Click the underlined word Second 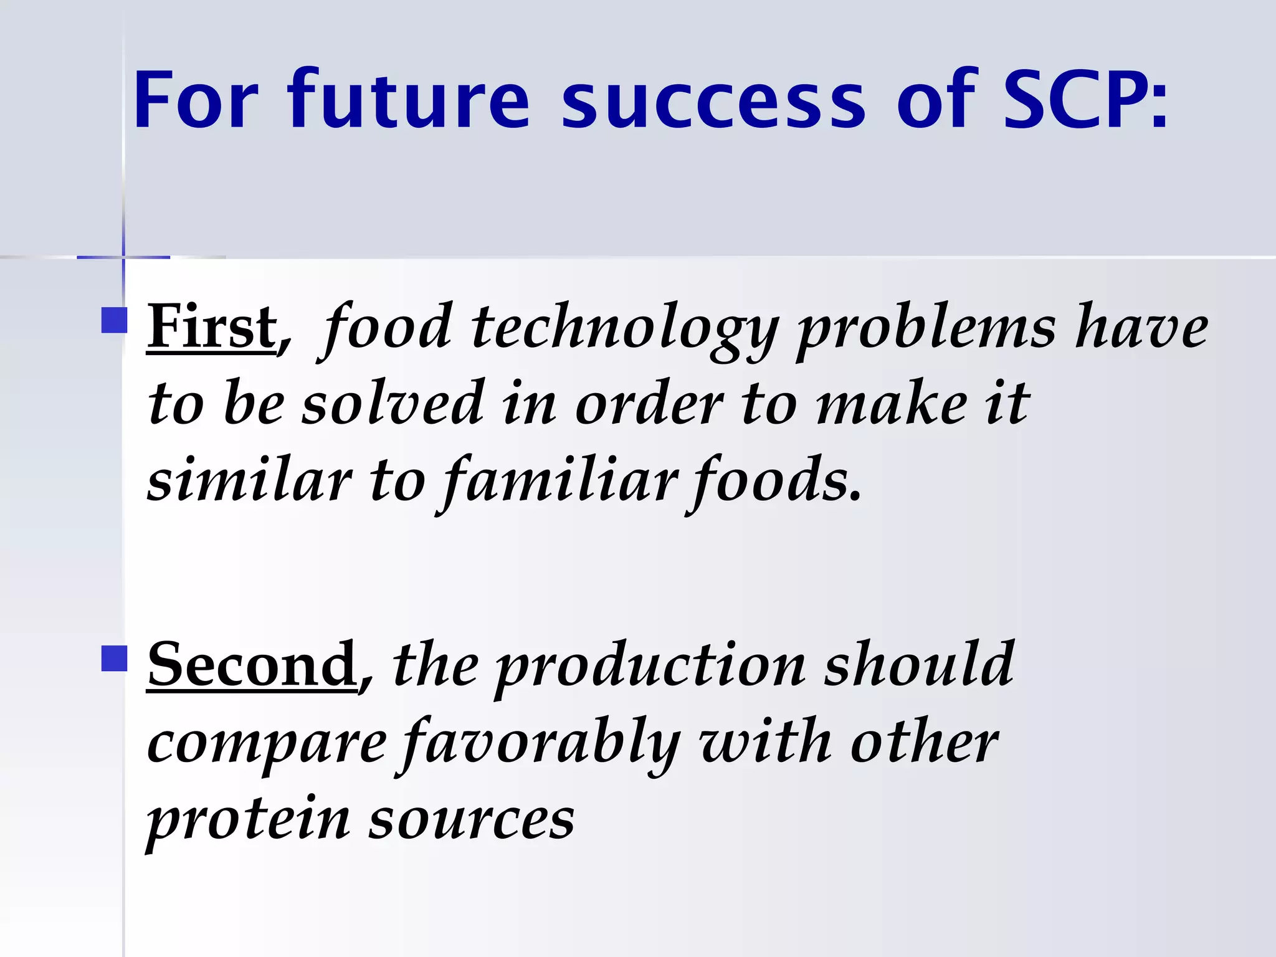coord(252,665)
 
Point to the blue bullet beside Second coord(114,659)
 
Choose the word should coord(919,665)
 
